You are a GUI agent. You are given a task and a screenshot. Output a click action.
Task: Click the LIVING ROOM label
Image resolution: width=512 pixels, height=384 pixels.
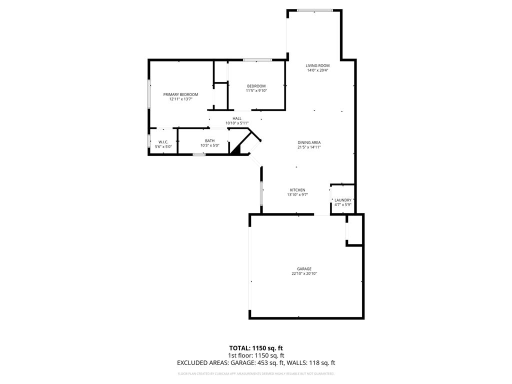point(317,65)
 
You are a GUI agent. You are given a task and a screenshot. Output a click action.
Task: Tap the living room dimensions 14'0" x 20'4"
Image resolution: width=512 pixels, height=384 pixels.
point(317,70)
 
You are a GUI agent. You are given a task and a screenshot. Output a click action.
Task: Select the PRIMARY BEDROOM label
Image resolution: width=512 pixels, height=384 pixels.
point(180,94)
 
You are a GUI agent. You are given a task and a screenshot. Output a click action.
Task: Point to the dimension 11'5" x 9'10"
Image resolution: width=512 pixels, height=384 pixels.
point(256,90)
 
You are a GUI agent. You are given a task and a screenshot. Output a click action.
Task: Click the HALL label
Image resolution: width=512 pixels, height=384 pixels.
point(236,118)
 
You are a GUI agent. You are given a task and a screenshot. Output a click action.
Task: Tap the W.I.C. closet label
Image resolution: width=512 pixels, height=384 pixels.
point(163,142)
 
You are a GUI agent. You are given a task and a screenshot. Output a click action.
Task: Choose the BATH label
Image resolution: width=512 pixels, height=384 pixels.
point(209,141)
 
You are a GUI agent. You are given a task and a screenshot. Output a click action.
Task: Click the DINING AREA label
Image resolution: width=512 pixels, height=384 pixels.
point(309,142)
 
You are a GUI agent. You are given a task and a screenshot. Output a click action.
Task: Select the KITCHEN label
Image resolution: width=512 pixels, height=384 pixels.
point(297,190)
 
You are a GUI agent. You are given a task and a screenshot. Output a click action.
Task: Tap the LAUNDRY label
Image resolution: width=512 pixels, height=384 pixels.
point(343,200)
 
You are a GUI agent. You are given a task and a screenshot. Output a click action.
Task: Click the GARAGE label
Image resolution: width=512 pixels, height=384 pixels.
point(304,269)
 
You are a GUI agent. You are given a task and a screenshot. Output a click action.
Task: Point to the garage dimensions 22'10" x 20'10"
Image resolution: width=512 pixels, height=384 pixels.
point(304,273)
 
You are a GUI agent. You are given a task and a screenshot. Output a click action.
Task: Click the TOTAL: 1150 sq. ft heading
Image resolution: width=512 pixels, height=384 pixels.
point(256,347)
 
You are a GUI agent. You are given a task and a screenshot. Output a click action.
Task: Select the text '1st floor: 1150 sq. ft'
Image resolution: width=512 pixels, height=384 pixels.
point(256,355)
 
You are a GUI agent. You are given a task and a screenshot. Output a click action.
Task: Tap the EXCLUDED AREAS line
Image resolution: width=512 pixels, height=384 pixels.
point(256,363)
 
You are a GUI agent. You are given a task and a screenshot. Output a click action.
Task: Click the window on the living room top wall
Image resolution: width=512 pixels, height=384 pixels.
point(315,10)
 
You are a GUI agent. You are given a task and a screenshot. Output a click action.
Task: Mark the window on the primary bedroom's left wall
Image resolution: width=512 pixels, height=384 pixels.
point(148,93)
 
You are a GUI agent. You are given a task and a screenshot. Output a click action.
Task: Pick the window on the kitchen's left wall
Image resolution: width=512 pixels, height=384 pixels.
point(261,193)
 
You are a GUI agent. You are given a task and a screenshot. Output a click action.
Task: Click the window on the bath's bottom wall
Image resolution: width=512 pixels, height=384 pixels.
point(199,154)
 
